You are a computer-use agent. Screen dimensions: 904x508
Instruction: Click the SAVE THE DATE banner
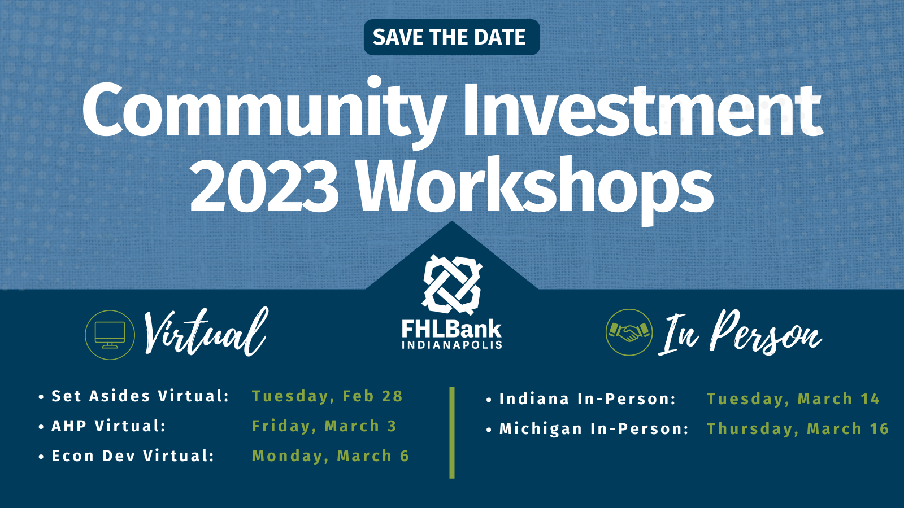(451, 37)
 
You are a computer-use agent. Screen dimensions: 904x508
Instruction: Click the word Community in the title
(263, 111)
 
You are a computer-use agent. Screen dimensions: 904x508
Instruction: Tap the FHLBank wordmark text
(451, 329)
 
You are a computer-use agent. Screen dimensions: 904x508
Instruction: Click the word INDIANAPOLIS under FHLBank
(451, 345)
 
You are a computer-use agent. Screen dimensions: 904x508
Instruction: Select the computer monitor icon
(110, 335)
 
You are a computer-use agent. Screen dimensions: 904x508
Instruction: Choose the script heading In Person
(740, 332)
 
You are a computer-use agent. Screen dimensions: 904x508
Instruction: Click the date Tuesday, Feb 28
(327, 396)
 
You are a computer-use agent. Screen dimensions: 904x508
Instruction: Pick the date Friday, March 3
(324, 426)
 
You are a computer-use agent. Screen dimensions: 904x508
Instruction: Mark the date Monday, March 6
(331, 456)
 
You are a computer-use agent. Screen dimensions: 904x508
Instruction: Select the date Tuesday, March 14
(793, 399)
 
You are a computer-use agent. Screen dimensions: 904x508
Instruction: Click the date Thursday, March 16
(798, 429)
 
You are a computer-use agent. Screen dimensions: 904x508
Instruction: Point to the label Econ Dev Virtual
(133, 456)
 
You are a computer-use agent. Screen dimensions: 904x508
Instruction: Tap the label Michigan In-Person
(594, 429)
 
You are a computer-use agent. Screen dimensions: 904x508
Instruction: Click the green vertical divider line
(452, 433)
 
